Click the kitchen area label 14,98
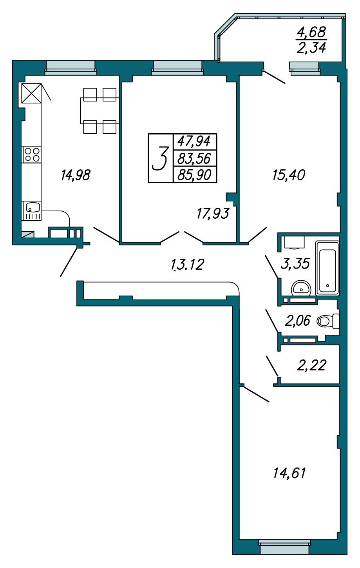coord(76,175)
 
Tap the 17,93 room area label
coord(213,213)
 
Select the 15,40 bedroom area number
coord(289,175)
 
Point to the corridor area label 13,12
coord(188,264)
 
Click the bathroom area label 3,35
coord(295,263)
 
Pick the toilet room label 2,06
coord(297,321)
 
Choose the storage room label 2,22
coord(311,365)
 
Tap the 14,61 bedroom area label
coord(289,473)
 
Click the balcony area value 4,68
coord(311,32)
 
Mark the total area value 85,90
coord(195,175)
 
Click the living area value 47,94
coord(194,141)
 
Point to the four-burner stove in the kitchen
coord(31,154)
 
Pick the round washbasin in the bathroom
coord(301,288)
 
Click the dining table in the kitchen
coord(99,111)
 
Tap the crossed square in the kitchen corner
coord(31,93)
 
